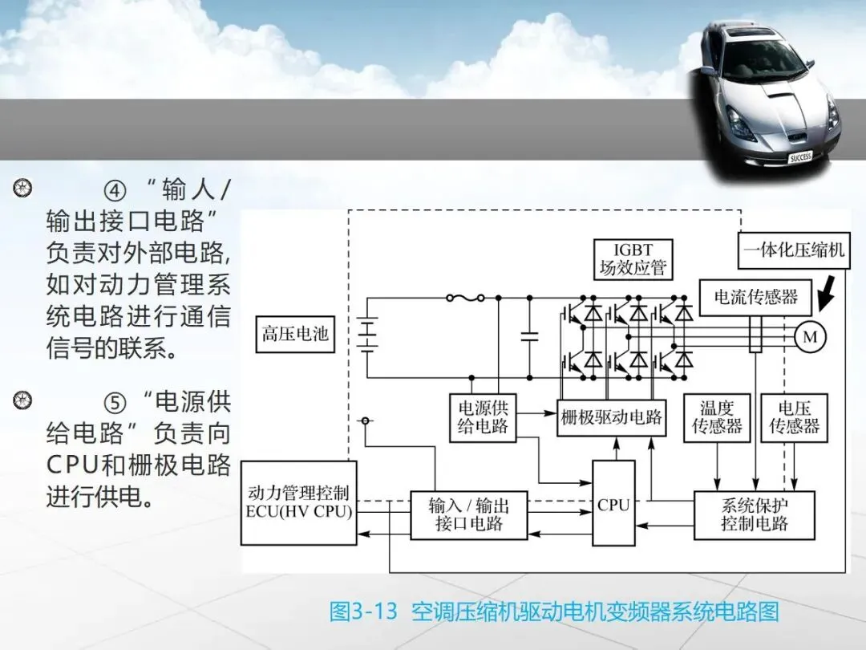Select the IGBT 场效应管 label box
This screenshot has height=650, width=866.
633,259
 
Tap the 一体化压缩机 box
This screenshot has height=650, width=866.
793,250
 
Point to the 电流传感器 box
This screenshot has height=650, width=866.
755,297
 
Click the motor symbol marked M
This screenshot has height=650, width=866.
810,337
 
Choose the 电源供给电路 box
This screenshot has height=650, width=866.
483,416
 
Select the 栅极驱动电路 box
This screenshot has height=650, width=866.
612,417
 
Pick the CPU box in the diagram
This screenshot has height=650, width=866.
613,504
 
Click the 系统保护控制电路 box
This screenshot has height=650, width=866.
754,514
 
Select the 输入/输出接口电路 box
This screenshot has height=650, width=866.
468,514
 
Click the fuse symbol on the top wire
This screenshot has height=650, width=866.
465,298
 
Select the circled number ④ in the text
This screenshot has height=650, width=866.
115,190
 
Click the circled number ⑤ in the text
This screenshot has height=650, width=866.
115,400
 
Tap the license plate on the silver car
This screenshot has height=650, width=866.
800,157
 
